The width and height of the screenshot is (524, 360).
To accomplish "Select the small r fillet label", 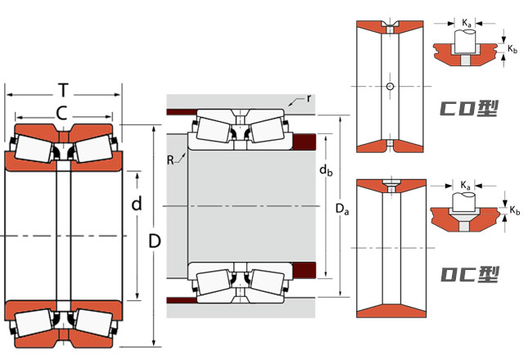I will point(309,98).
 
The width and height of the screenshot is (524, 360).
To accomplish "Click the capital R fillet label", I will point(171,161).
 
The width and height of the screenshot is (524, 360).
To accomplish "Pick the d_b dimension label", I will point(325,171).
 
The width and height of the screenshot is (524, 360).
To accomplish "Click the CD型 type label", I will point(469,109).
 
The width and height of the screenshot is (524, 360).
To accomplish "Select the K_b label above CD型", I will point(512,50).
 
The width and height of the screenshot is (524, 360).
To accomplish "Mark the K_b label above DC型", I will point(514,210).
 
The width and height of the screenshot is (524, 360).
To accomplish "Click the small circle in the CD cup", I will point(391,86).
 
